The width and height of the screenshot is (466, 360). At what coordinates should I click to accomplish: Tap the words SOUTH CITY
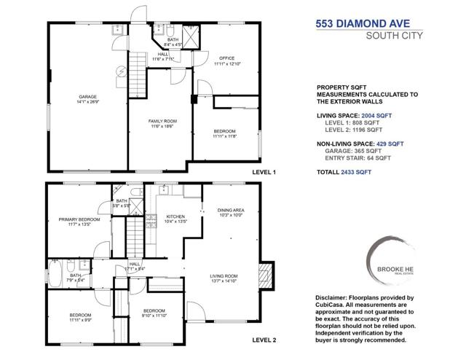[392, 35]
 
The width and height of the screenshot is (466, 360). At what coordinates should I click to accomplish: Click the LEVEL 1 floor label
[264, 173]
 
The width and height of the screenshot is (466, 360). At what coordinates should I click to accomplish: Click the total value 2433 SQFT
[355, 172]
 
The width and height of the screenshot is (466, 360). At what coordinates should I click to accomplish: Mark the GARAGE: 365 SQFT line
[358, 153]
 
